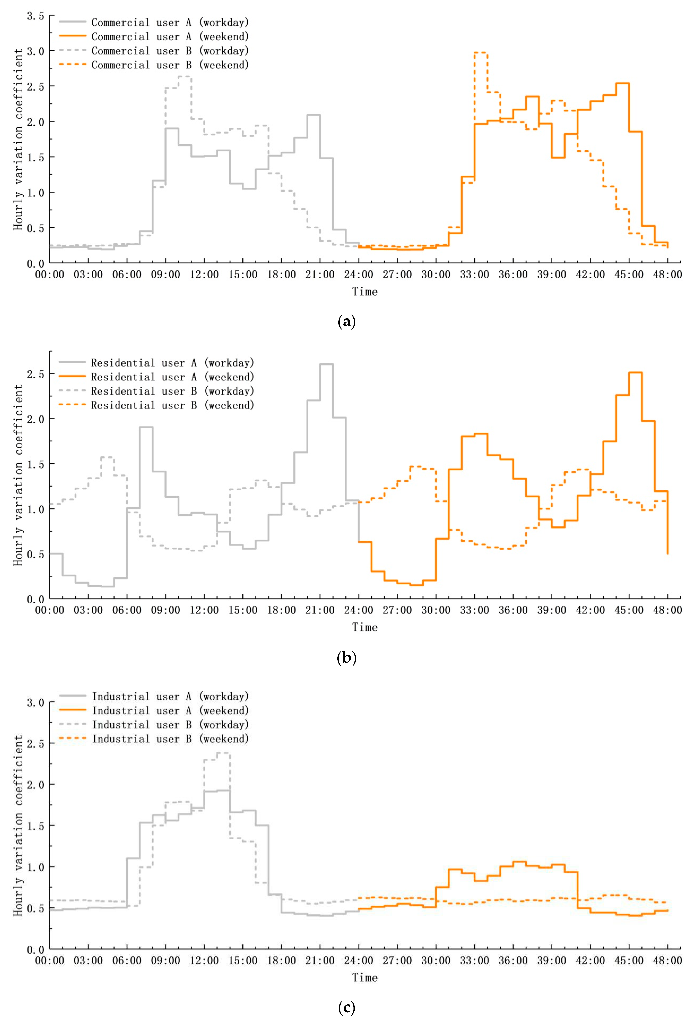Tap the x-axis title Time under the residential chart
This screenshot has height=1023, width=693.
tap(365, 627)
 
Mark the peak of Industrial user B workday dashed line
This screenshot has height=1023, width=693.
tap(223, 753)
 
